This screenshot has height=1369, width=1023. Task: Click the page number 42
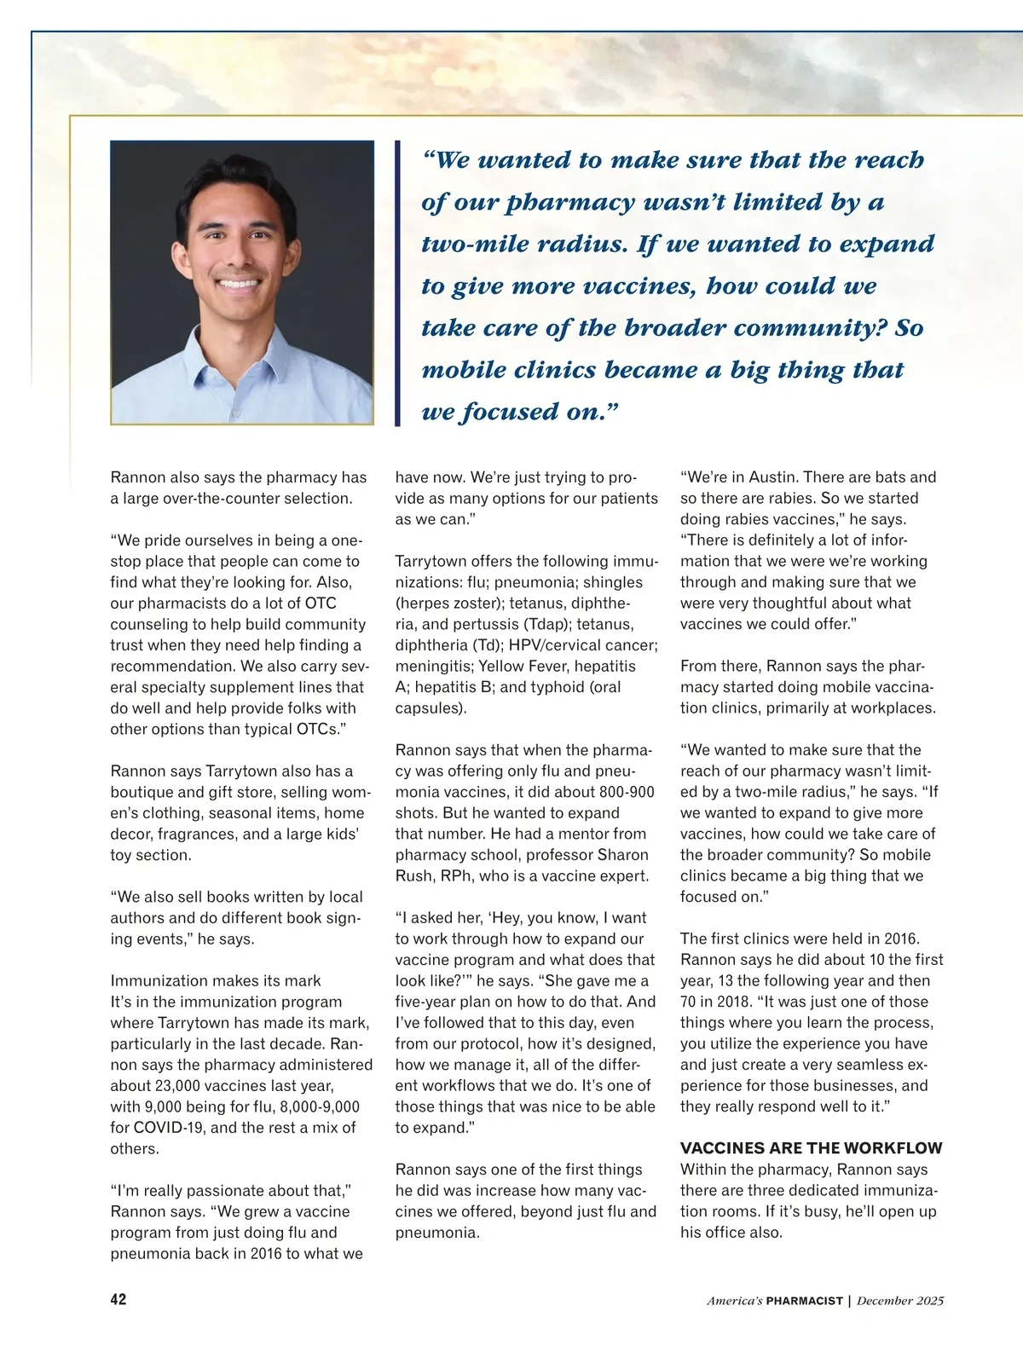coord(118,1299)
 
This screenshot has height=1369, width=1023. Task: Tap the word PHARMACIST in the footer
coord(804,1301)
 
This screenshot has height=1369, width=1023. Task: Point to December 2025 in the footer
coord(899,1301)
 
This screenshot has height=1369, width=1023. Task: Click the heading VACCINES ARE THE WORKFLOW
coord(811,1148)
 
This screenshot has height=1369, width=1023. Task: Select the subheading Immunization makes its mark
coord(216,980)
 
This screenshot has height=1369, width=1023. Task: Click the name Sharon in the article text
coord(622,855)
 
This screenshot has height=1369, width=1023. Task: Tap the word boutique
coord(139,792)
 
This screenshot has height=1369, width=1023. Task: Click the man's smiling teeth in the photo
coord(240,283)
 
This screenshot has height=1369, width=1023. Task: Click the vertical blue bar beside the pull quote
coord(397,283)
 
